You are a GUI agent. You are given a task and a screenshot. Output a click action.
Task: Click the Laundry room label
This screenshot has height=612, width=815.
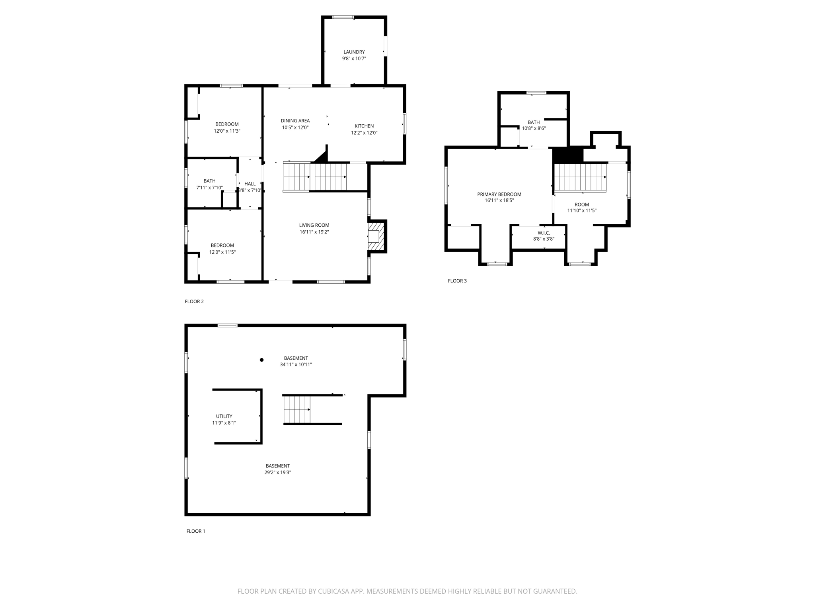pos(354,52)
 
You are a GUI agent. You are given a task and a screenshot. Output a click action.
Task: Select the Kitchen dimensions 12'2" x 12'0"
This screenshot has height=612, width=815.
pos(364,133)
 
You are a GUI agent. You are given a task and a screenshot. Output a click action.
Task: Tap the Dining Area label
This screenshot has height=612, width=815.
pos(295,121)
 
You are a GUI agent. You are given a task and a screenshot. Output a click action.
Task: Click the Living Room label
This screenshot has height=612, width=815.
pos(314,225)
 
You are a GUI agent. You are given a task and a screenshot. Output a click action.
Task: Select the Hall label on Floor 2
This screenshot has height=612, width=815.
pos(250,184)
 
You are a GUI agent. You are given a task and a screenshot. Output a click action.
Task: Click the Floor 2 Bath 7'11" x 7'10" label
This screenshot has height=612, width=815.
pos(209,181)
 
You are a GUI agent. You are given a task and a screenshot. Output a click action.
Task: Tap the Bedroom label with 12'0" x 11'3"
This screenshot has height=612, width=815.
pos(227,124)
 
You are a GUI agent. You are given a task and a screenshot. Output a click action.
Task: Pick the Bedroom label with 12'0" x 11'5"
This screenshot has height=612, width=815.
pos(222,245)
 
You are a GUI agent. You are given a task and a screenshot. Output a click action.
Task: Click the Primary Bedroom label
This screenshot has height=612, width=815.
pos(499,194)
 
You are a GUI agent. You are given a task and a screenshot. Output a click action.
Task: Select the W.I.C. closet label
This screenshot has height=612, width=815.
pos(544,233)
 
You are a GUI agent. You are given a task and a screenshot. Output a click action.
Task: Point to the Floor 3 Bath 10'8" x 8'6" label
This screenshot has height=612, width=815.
pos(534,122)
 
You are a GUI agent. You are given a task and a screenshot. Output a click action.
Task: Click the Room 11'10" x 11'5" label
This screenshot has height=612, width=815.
pos(581,204)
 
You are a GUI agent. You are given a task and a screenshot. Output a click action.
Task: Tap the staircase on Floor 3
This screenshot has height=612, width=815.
pos(580,178)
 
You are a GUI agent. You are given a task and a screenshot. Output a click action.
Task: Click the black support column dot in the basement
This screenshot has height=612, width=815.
pos(261,360)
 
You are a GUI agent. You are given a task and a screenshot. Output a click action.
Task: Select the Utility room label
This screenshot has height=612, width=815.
pos(224,416)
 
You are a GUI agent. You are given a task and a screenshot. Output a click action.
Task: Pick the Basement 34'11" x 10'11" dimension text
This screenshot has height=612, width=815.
pos(296,365)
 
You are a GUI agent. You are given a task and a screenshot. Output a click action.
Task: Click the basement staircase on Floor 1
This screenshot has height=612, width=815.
pos(296,410)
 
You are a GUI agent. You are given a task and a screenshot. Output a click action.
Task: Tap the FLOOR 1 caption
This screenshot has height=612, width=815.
pos(196,531)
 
